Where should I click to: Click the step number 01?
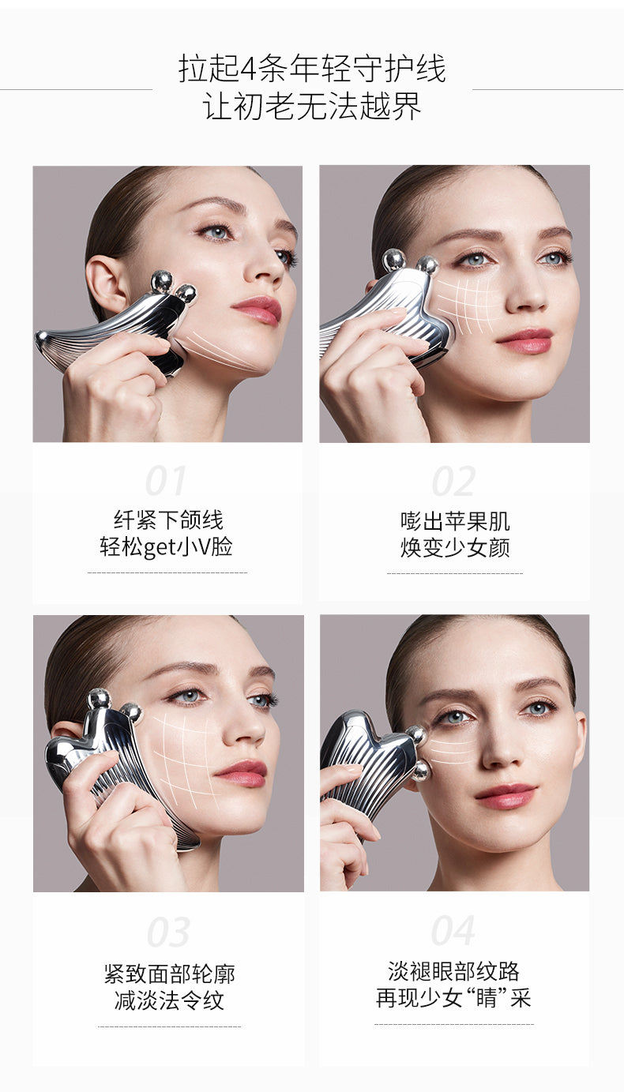pyautogui.click(x=166, y=480)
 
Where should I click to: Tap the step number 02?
pyautogui.click(x=453, y=481)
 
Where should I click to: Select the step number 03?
pyautogui.click(x=168, y=932)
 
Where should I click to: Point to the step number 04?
pyautogui.click(x=453, y=930)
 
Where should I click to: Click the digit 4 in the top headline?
pyautogui.click(x=248, y=69)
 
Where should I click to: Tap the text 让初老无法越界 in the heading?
pyautogui.click(x=312, y=106)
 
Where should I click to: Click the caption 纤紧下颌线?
pyautogui.click(x=168, y=520)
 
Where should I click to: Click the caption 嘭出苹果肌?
pyautogui.click(x=455, y=521)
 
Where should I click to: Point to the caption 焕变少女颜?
pyautogui.click(x=455, y=547)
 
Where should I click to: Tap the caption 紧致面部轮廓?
pyautogui.click(x=169, y=974)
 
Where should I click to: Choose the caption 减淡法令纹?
pyautogui.click(x=169, y=1000)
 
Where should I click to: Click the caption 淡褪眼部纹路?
pyautogui.click(x=453, y=971)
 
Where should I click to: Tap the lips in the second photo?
pyautogui.click(x=524, y=340)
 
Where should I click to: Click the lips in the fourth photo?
pyautogui.click(x=506, y=796)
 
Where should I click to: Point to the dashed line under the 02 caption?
pyautogui.click(x=455, y=573)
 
